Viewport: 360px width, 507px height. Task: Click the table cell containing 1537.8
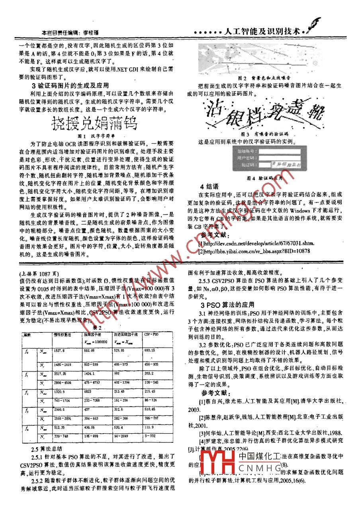pos(58,350)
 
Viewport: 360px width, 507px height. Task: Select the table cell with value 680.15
pos(150,350)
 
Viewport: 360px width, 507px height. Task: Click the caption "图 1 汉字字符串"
pos(93,136)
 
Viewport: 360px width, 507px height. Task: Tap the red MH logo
pos(219,463)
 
